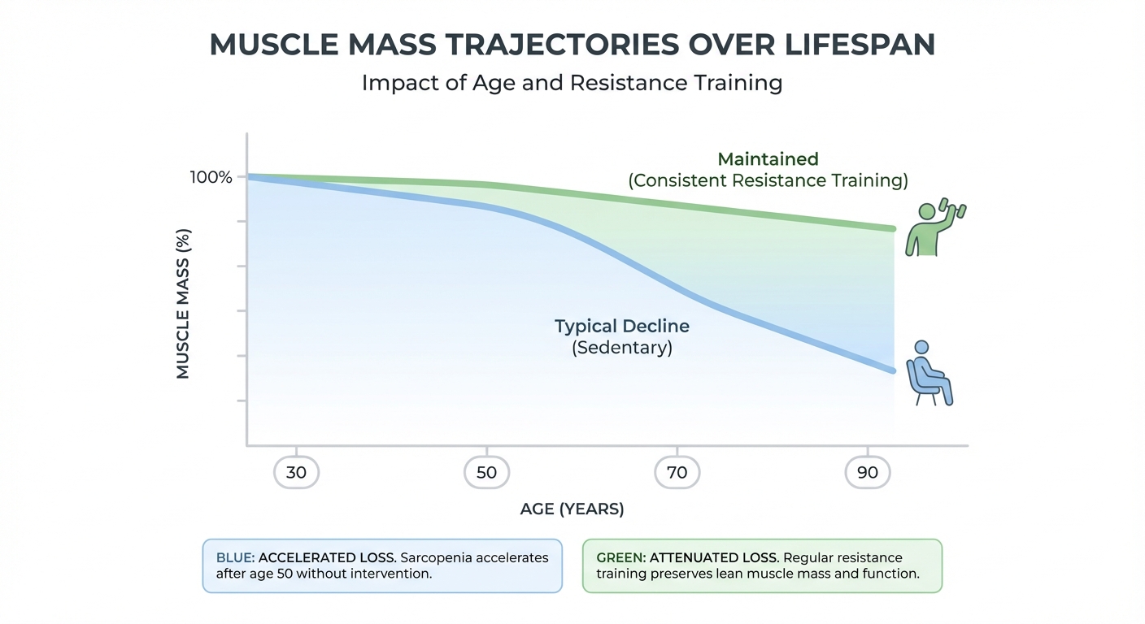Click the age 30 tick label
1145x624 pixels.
[x=296, y=472]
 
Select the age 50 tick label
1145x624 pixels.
[x=486, y=472]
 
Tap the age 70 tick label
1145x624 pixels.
[x=677, y=472]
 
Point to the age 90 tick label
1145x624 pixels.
[x=867, y=472]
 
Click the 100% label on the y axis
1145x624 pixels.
[x=211, y=176]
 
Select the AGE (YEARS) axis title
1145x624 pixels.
[x=572, y=509]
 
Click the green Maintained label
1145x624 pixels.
[x=768, y=159]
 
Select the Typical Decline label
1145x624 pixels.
[x=621, y=327]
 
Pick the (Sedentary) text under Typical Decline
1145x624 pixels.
[x=621, y=349]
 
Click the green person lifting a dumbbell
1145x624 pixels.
[x=927, y=231]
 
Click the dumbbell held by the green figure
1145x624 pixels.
[x=954, y=208]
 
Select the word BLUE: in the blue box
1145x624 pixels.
[x=235, y=558]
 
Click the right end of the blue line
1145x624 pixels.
[x=892, y=370]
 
